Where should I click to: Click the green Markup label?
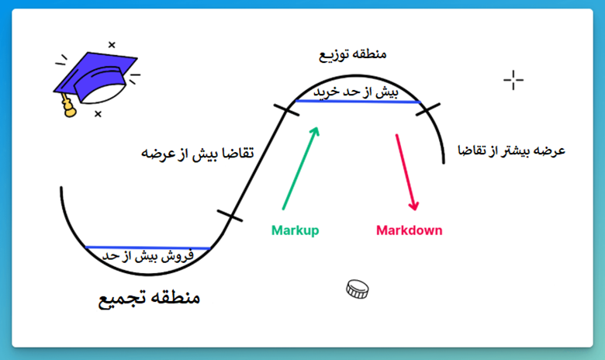[296, 230]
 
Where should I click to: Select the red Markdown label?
[409, 230]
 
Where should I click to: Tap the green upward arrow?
[301, 168]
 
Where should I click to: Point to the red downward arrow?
[405, 172]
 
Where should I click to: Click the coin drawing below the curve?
[358, 289]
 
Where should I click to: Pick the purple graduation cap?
[95, 78]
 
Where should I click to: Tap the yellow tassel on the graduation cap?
[68, 106]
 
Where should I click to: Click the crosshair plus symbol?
[513, 80]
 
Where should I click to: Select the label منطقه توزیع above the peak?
[353, 54]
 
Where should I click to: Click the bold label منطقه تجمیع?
[150, 298]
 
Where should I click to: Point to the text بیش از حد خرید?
[355, 92]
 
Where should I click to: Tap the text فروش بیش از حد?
[148, 256]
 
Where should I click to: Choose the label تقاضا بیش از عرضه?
[198, 153]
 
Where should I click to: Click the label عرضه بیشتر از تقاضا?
[511, 151]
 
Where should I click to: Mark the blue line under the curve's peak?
[358, 102]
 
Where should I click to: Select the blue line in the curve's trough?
[147, 247]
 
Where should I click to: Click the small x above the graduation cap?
[112, 45]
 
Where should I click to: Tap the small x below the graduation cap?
[98, 114]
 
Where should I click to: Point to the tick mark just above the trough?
[230, 216]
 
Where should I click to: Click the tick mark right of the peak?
[428, 109]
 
